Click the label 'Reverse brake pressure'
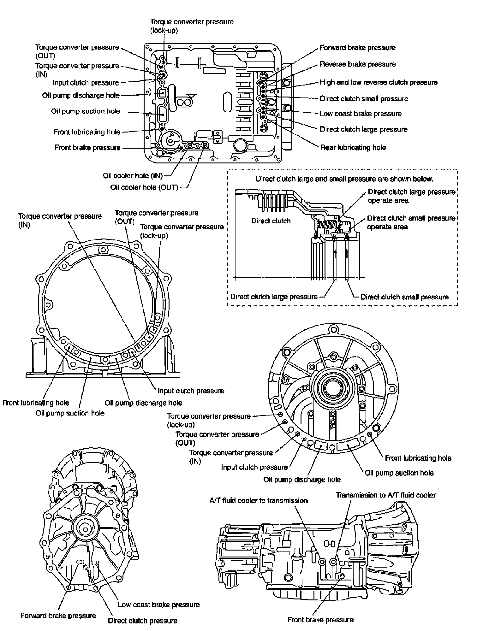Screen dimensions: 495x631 tap(358, 64)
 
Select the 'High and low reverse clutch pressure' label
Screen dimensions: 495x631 tap(379, 82)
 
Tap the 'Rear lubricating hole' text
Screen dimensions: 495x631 tap(353, 147)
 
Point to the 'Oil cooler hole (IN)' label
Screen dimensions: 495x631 tap(133, 176)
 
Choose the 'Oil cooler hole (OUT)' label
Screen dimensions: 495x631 tap(144, 187)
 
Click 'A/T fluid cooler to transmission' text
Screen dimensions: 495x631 tap(259, 501)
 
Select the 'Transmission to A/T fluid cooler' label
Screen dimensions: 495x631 tap(386, 495)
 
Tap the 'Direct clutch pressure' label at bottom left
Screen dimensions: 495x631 tap(143, 621)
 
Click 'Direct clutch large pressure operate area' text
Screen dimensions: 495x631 tap(412, 196)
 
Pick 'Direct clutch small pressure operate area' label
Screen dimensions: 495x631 tap(411, 222)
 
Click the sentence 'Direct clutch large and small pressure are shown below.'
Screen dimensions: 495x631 tap(344, 179)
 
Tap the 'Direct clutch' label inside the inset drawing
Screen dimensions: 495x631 tap(271, 221)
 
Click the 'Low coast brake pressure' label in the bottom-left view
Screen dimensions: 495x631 tap(159, 605)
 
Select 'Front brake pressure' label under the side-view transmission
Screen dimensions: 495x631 tap(320, 620)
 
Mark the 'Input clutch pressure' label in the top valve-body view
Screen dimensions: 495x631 tap(86, 83)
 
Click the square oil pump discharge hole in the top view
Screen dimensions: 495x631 tap(163, 93)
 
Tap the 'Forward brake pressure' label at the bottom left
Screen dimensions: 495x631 tap(58, 616)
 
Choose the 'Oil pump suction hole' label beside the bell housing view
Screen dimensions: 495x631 tap(70, 413)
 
